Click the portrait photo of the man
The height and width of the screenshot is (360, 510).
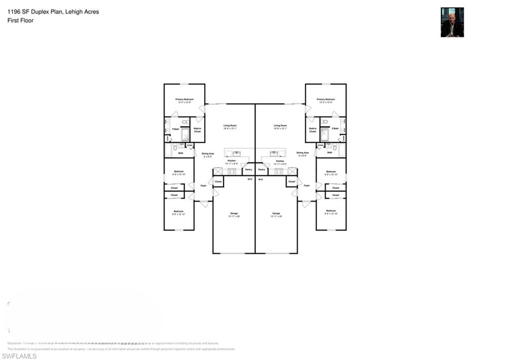coord(452,22)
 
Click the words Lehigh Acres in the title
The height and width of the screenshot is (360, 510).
coord(82,12)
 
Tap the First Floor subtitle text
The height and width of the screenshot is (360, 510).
coord(20,20)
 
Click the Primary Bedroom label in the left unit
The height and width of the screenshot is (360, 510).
coord(184,100)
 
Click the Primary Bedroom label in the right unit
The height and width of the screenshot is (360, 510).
coord(326,100)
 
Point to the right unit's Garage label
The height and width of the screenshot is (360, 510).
coord(276,213)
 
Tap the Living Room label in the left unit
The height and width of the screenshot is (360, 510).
coord(230,125)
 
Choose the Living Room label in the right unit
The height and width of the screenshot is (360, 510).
coord(280,125)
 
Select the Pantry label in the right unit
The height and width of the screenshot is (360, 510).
coord(261,169)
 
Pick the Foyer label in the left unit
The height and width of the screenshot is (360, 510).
coord(204,185)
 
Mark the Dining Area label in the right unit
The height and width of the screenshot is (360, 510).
coord(302,153)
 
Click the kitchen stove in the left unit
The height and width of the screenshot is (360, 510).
coord(232,171)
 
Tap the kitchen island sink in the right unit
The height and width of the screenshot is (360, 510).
coord(274,153)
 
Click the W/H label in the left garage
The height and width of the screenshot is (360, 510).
coord(250,179)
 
